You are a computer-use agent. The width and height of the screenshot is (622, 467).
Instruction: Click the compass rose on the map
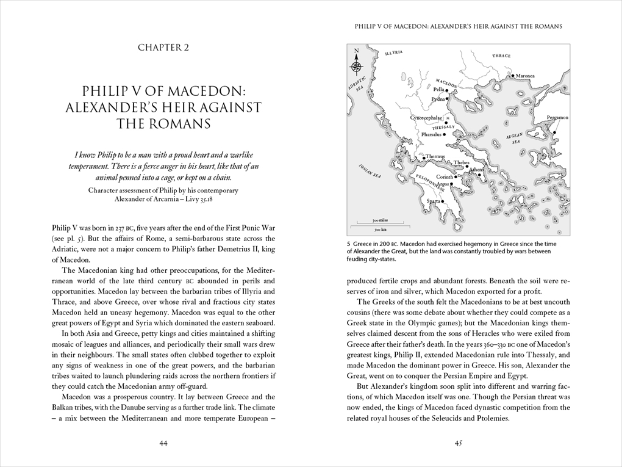pyautogui.click(x=357, y=66)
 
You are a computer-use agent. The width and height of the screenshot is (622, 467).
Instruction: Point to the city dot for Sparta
pyautogui.click(x=440, y=201)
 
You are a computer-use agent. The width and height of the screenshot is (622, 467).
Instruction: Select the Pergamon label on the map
pyautogui.click(x=557, y=117)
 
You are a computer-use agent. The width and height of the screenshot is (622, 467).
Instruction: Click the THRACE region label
pyautogui.click(x=501, y=56)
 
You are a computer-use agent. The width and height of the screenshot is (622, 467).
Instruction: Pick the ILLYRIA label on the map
pyautogui.click(x=394, y=53)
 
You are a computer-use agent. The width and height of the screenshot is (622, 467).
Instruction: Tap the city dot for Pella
pyautogui.click(x=447, y=90)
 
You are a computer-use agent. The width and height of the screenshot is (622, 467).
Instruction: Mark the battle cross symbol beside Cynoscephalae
pyautogui.click(x=448, y=117)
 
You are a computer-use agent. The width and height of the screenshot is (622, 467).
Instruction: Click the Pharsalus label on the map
pyautogui.click(x=431, y=134)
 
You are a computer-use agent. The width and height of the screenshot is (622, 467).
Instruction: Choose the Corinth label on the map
pyautogui.click(x=445, y=177)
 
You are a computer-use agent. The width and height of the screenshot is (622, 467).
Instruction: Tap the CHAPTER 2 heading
pyautogui.click(x=163, y=48)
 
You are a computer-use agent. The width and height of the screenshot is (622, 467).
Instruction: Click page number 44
pyautogui.click(x=163, y=443)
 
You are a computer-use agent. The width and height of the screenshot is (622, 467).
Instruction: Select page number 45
pyautogui.click(x=458, y=443)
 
